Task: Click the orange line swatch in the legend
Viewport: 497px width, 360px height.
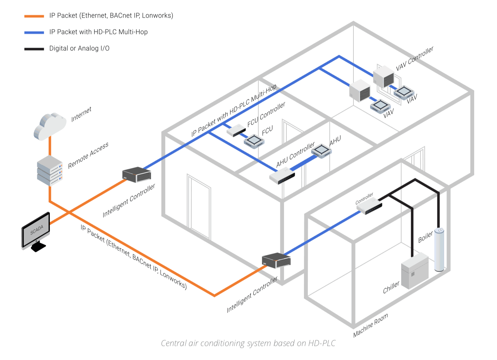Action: (x=34, y=16)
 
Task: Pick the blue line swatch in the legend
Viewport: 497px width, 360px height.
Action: (x=34, y=33)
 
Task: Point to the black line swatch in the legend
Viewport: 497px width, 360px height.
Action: (x=34, y=49)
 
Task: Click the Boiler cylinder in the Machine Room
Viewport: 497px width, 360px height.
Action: (x=439, y=249)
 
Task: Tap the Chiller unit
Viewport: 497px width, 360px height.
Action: (x=415, y=271)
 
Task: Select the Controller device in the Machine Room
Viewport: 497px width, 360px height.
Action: (x=369, y=207)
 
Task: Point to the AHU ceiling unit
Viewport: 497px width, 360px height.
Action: (x=321, y=151)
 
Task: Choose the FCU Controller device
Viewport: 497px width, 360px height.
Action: (x=236, y=131)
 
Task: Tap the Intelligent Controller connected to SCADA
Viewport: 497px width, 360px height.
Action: (x=137, y=174)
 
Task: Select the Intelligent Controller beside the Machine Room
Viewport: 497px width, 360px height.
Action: (x=276, y=260)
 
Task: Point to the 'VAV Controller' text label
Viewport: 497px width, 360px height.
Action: (x=415, y=59)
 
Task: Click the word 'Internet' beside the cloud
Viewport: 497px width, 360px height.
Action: (x=81, y=114)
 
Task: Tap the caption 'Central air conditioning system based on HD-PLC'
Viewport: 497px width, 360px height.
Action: (x=248, y=343)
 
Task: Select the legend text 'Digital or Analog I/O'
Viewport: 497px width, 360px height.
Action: (x=79, y=48)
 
